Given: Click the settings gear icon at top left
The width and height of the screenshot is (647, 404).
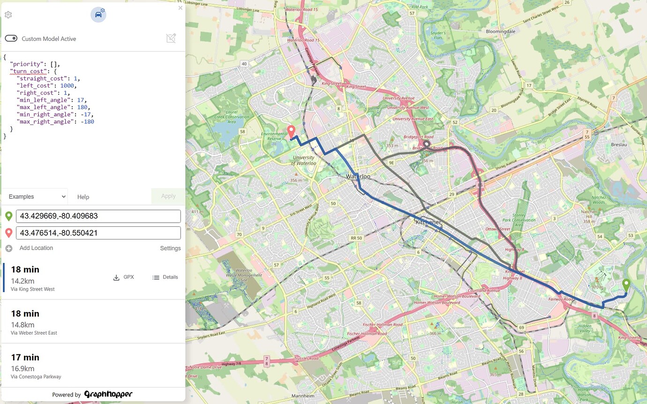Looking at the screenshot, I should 8,15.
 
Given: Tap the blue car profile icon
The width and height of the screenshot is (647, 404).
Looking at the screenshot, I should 98,15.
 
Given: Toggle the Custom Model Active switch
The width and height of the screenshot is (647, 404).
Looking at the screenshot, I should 11,38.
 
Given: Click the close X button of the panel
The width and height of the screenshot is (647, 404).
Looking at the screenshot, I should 181,8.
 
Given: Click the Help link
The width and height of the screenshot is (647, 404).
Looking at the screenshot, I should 83,197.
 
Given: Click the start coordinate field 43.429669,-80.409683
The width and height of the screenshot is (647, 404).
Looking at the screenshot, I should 98,216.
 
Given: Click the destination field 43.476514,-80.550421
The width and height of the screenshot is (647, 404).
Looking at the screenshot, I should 98,233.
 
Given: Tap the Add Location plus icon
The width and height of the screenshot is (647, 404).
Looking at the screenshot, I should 9,248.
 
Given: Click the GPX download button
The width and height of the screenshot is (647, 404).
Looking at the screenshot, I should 124,277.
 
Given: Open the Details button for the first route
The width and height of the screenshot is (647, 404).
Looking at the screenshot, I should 165,277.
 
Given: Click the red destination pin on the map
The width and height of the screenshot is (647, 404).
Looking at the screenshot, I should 291,131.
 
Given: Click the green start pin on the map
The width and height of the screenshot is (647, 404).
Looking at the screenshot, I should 626,284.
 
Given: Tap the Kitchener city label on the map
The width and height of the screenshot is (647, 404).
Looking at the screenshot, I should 428,222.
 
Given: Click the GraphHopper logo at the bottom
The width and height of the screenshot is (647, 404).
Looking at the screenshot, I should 108,395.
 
